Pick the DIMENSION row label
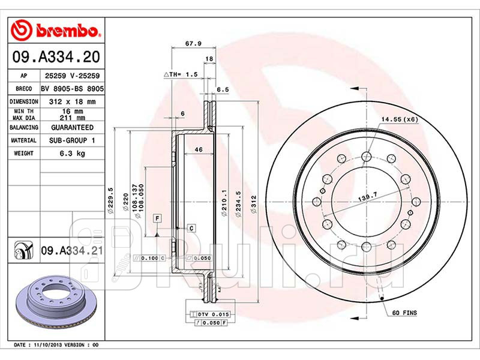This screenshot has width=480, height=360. [x=23, y=101]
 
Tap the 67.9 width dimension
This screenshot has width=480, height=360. [x=193, y=43]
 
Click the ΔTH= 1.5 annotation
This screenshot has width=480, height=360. [x=181, y=74]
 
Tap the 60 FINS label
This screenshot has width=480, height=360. [x=404, y=313]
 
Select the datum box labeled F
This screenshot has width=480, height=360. [x=157, y=218]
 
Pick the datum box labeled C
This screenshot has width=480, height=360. [x=191, y=228]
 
